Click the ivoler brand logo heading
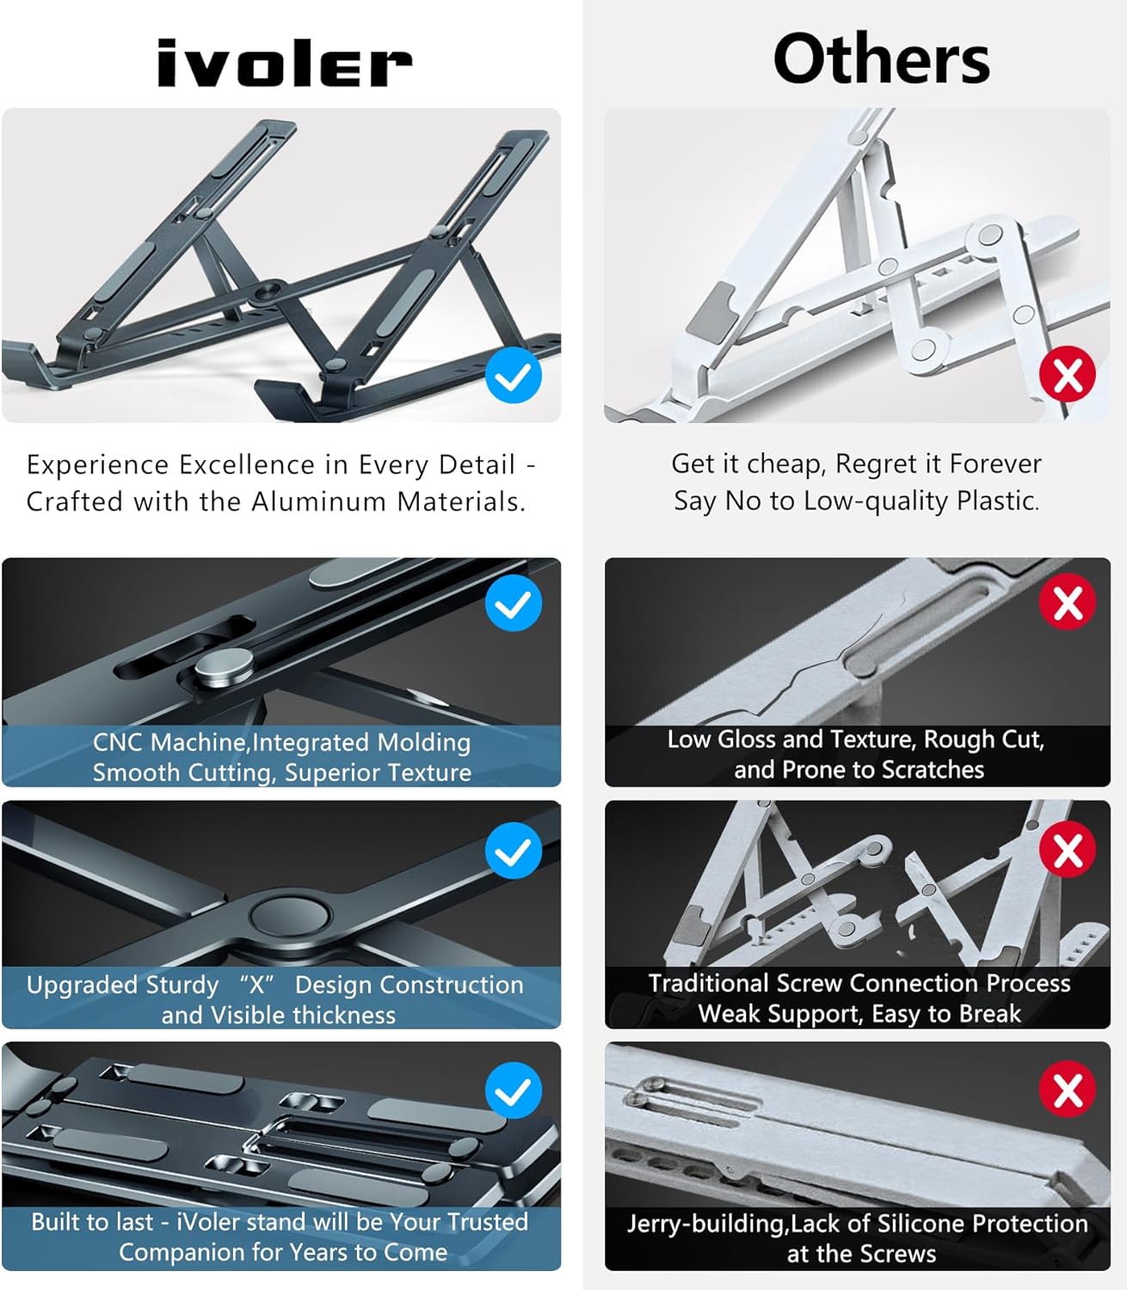284,64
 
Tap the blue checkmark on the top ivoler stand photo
514,377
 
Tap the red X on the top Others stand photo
1067,375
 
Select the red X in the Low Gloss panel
1067,602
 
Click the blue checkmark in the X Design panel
514,851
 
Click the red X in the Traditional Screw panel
1067,851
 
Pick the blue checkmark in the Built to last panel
514,1090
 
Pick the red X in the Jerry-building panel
1067,1090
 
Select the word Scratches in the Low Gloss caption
933,769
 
